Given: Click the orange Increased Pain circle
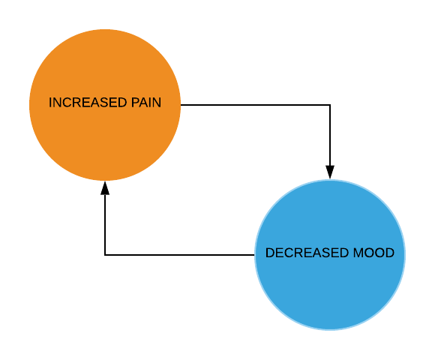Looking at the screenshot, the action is (105, 105).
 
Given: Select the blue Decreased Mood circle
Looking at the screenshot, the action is (330, 255).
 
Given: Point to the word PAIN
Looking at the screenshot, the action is (146, 102).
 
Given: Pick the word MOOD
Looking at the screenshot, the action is (373, 253).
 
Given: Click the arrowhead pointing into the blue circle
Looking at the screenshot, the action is (330, 172).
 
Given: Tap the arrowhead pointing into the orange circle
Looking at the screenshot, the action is (105, 188).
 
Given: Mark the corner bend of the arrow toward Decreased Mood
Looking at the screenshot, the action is (330, 105).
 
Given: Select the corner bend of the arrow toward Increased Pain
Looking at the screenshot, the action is (105, 255).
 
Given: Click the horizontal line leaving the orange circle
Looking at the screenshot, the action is (255, 105).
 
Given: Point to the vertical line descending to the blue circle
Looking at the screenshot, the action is (330, 135).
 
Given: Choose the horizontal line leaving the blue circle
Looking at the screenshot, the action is (179, 255).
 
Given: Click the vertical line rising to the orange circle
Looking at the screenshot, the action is (105, 225).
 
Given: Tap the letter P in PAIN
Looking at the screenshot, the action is (135, 102).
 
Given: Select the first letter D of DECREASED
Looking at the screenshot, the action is (270, 253).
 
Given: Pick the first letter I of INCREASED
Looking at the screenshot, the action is (50, 102).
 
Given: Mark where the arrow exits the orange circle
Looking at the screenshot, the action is (181, 105).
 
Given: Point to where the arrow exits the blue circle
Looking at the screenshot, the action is (254, 255).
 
